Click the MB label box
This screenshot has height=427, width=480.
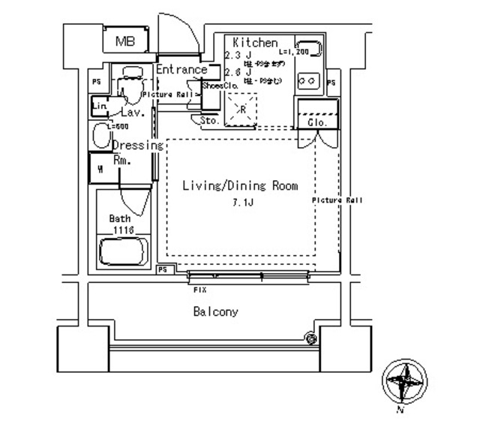125,42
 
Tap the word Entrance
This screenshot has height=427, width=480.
181,70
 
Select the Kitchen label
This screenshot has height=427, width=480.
255,43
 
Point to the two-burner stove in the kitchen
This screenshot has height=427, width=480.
309,78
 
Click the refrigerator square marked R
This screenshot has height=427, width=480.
242,109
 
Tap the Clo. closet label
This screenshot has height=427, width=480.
314,122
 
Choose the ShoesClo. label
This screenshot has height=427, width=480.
219,86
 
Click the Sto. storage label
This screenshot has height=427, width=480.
209,120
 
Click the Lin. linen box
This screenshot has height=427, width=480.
100,107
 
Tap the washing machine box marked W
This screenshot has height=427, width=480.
100,168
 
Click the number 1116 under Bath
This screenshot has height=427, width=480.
123,230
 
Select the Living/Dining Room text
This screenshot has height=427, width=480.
241,185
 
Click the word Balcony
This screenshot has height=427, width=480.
216,311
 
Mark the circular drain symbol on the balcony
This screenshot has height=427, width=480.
310,338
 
